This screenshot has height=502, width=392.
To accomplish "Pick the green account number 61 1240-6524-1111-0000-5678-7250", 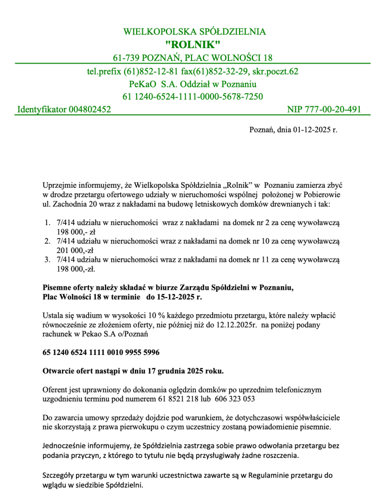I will [x=193, y=96].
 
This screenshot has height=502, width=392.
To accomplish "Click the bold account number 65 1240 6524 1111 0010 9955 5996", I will [x=101, y=352].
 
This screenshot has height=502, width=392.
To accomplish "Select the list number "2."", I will [x=48, y=241].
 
